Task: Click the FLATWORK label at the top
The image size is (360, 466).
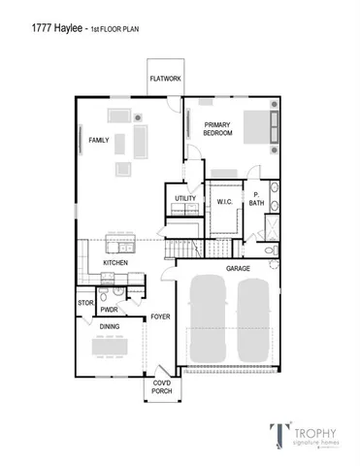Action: (x=163, y=80)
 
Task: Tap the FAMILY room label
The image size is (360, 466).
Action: (x=99, y=141)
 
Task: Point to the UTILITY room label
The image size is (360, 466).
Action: (x=185, y=199)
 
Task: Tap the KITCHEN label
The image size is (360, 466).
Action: (x=116, y=263)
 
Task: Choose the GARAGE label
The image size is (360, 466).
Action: (x=239, y=267)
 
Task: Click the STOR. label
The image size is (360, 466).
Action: (x=85, y=303)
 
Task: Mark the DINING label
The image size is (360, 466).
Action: (x=109, y=327)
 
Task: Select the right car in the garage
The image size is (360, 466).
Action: (x=254, y=321)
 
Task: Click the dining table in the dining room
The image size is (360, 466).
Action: (x=110, y=348)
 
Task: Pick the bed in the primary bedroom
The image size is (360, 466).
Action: (x=261, y=128)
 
